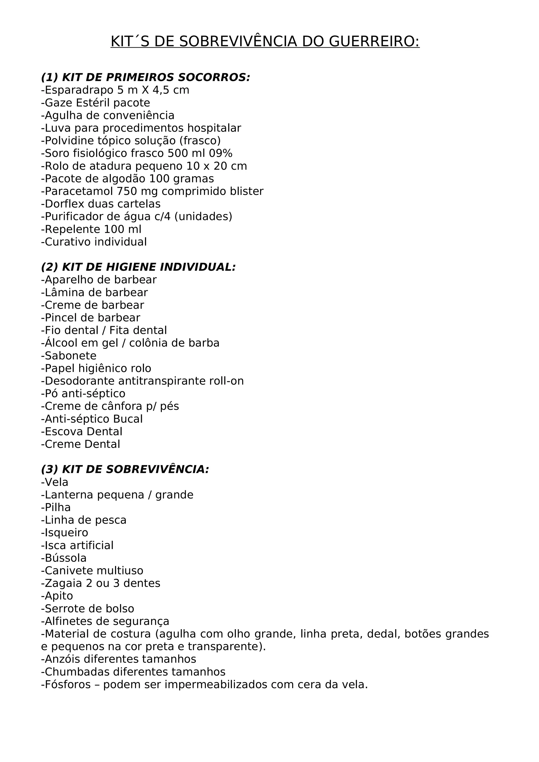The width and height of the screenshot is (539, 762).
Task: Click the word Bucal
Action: coord(128,419)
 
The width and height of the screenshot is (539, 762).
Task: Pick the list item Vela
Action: coord(57,482)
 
